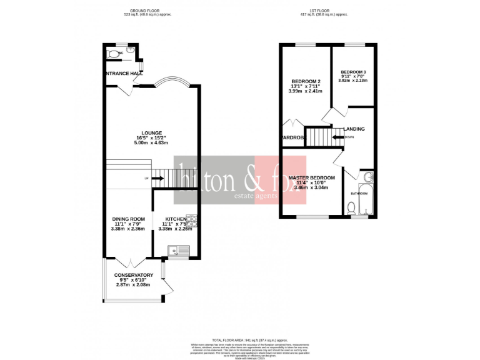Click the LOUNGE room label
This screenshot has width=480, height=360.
coord(152,132)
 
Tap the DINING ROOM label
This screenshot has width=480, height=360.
coord(128,219)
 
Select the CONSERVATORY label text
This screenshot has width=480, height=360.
coord(133,275)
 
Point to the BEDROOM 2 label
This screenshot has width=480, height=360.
coord(306,82)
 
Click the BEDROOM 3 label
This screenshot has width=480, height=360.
coord(352,71)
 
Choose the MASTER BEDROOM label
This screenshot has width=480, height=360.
coord(311,177)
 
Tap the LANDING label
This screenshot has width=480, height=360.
coord(354,129)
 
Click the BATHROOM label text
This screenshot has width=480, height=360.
coord(359,194)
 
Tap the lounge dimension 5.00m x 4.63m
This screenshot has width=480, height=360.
coord(152,143)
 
